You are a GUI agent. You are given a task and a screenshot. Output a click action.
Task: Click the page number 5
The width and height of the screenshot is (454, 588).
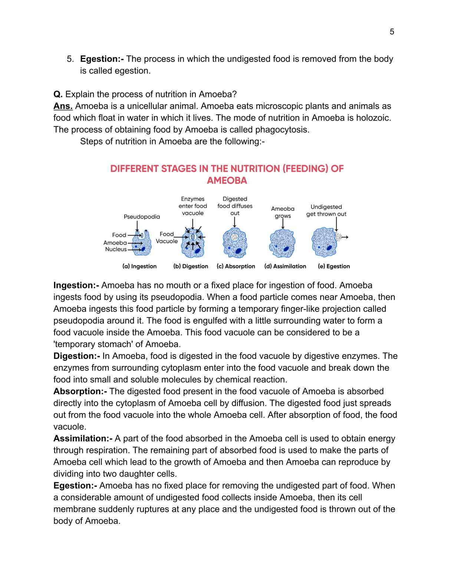[392, 32]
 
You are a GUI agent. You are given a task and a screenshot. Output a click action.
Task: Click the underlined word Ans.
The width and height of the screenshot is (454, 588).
[63, 106]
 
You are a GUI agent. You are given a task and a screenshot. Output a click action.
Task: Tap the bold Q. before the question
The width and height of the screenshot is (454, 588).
[58, 94]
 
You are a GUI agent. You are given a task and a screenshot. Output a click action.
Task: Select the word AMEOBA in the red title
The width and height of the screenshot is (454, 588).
[227, 181]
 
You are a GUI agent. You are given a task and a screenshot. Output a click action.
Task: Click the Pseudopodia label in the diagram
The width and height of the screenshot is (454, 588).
[142, 217]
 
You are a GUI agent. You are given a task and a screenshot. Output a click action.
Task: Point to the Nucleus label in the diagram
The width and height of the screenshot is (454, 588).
[116, 249]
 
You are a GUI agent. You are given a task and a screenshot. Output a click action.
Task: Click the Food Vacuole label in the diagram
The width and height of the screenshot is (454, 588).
[167, 238]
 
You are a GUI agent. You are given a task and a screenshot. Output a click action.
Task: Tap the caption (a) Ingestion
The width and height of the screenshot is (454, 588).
[139, 266]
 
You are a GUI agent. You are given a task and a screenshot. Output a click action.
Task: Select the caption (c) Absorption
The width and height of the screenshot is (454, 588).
[236, 266]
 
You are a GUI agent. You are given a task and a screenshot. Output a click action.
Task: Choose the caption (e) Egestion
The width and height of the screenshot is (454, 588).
[334, 266]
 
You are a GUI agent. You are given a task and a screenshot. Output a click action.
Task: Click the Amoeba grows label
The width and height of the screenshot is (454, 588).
[283, 212]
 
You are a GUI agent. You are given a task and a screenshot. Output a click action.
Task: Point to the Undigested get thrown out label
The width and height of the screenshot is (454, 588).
[326, 210]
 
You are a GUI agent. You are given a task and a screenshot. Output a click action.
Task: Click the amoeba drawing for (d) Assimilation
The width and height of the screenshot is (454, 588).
[282, 243]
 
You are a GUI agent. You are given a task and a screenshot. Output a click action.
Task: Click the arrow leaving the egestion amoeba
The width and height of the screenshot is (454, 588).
[345, 237]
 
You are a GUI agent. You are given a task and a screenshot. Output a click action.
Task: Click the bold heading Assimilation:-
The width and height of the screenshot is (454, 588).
[83, 438]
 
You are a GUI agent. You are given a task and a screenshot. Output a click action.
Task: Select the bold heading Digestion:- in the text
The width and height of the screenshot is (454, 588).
[76, 356]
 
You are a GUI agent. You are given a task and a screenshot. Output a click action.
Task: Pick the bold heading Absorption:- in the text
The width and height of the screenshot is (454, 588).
[80, 391]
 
